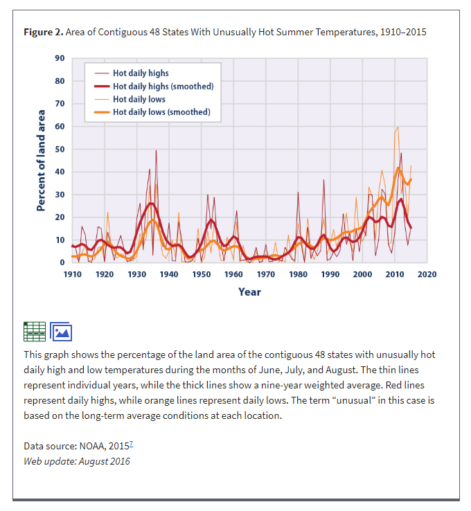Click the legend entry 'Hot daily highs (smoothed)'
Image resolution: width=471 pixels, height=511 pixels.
163,86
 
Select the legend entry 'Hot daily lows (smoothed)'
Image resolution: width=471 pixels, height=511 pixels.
161,111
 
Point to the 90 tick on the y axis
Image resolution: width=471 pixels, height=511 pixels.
60,58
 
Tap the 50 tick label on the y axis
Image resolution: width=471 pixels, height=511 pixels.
60,150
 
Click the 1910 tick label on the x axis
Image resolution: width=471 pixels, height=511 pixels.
72,275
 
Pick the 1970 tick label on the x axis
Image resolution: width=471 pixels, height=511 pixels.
266,275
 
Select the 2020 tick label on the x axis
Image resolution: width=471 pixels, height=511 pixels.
427,275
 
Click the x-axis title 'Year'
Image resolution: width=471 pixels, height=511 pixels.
249,292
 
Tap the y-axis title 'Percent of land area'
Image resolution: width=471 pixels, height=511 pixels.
41,160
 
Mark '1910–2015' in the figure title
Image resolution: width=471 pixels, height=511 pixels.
402,33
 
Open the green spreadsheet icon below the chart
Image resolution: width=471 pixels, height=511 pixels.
34,332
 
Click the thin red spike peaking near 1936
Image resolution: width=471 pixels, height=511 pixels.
156,151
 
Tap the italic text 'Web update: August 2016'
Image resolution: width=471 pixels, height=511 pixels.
76,461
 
